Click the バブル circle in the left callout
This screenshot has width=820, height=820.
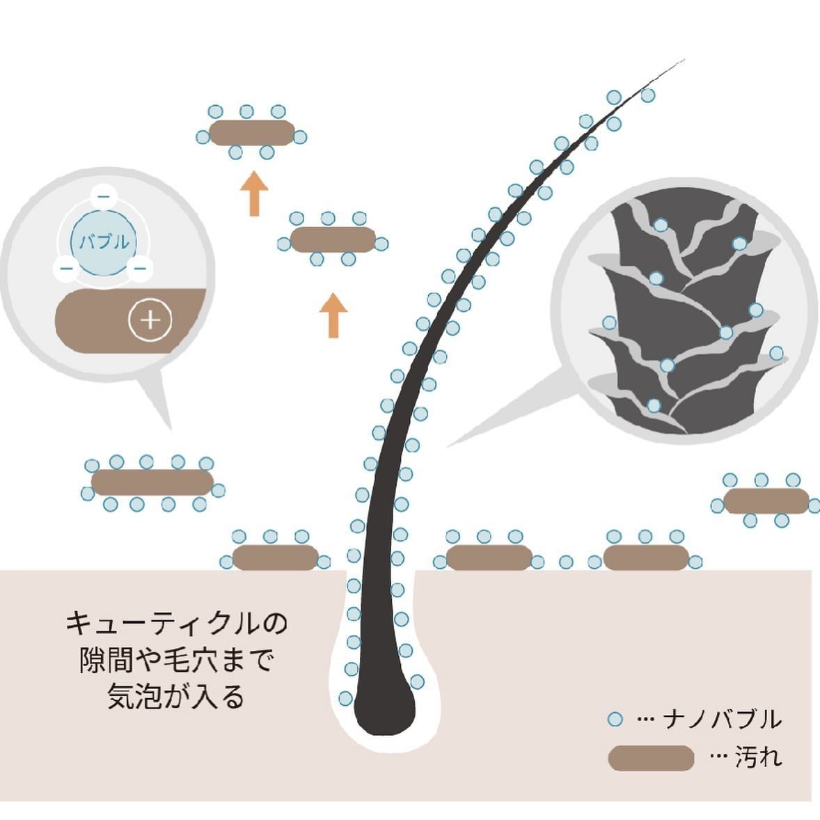coord(102,243)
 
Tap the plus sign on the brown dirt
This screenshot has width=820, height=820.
coord(150,320)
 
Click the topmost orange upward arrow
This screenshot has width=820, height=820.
coord(254,194)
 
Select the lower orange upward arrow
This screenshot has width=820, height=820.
coord(333,315)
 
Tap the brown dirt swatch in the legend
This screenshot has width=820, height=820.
coord(651,758)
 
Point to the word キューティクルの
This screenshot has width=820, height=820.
coord(176,622)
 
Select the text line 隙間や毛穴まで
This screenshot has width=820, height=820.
coord(176,660)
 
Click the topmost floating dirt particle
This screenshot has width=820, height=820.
coord(251,133)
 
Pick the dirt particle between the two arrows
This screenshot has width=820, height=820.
coord(333,239)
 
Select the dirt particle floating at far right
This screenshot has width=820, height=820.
coord(766,501)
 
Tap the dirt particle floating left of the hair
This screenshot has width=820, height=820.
coord(152,482)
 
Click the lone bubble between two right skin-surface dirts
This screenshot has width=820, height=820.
coord(566,562)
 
